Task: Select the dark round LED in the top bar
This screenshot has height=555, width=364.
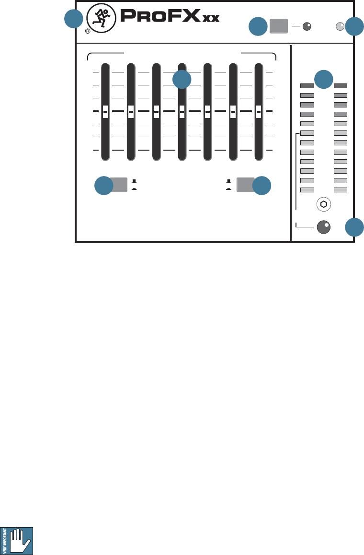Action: [307, 27]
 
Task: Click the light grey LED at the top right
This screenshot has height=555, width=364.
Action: [340, 27]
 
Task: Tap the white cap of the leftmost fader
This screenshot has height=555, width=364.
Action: [105, 111]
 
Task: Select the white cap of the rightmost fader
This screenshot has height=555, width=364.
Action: [259, 111]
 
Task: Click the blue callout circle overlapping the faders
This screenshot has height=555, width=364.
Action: [182, 80]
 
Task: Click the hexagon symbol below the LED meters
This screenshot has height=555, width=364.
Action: [324, 204]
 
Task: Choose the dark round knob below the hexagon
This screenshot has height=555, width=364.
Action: [324, 227]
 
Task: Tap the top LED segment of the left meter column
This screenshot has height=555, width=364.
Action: [307, 86]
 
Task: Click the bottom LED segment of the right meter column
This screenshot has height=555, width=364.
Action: [341, 190]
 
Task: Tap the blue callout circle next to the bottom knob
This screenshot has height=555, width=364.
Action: [355, 227]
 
